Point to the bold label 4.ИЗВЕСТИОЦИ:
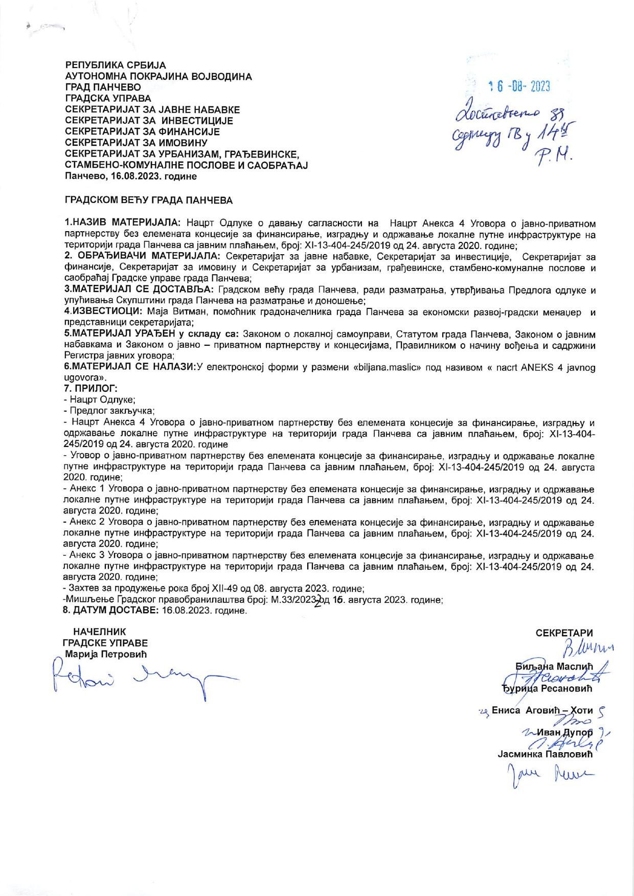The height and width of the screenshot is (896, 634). coord(103,311)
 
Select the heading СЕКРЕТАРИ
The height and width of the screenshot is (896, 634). coord(564,633)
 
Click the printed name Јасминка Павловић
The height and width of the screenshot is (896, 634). coord(544,754)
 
